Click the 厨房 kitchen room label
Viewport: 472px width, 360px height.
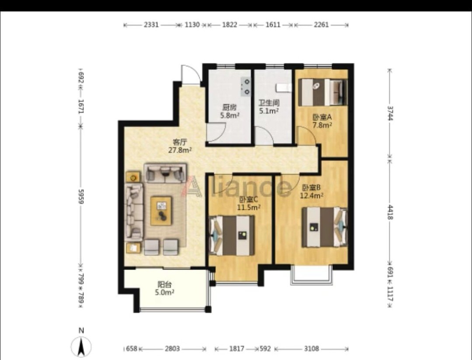229,107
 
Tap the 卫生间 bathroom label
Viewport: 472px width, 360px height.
269,103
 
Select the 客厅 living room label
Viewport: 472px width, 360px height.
180,142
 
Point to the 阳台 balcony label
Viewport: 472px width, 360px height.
165,284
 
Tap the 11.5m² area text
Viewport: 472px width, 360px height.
249,208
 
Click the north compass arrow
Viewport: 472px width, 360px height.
81,347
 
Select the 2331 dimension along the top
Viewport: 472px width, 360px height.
151,25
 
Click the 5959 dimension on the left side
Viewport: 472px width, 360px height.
81,197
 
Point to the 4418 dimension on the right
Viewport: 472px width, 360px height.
390,212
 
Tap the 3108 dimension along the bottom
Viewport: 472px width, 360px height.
311,349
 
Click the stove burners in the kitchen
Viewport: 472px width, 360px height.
246,86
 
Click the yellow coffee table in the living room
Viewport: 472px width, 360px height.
161,211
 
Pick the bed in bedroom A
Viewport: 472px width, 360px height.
323,92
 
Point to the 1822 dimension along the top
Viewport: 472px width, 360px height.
230,25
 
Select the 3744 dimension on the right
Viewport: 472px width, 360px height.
390,113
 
